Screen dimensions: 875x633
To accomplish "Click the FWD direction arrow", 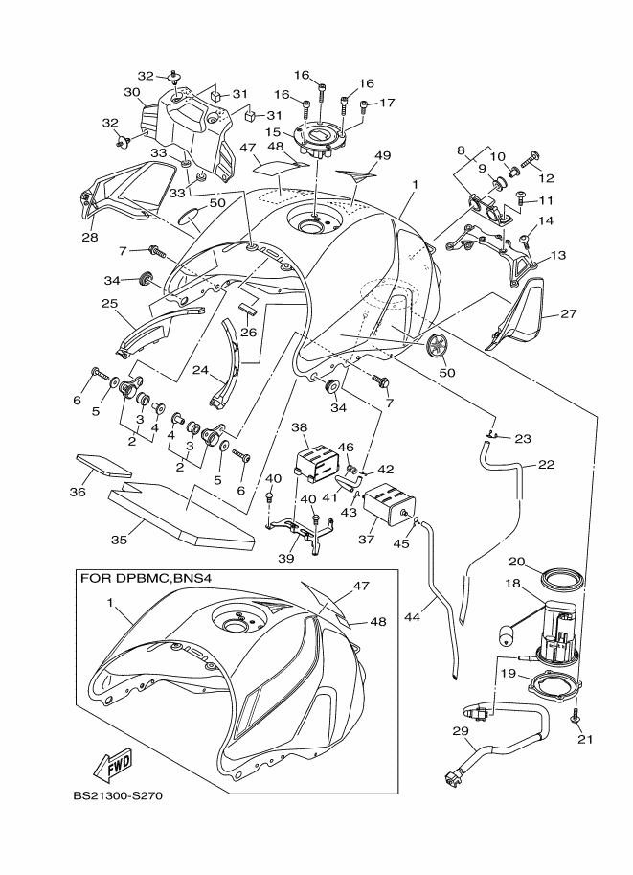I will coord(114,764).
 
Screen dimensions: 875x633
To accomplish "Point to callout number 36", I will coord(77,492).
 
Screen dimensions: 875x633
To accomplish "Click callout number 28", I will coord(90,238).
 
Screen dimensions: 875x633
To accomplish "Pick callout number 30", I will coord(132,92).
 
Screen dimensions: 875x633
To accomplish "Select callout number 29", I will coord(461,731).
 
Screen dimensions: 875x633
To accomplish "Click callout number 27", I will coord(569,314).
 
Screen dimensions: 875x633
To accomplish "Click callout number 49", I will coord(383,155).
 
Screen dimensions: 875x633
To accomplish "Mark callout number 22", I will coord(546,464).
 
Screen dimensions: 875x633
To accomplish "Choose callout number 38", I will coord(299,427).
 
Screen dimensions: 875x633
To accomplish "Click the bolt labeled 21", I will coord(576,716).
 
